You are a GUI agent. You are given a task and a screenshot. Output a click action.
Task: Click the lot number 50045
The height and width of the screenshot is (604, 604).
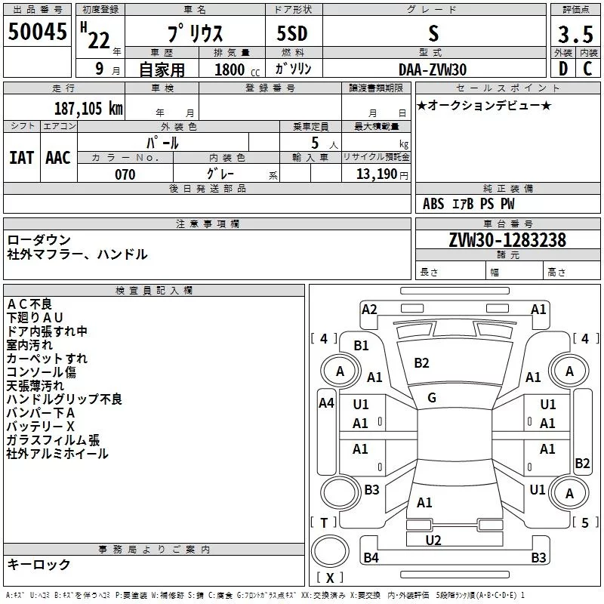37,31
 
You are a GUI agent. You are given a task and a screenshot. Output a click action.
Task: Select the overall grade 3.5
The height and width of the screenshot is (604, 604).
575,34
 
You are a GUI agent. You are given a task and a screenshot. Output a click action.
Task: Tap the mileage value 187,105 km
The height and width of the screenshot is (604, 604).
88,108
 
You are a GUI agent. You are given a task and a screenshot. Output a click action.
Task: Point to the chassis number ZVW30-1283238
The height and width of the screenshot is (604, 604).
507,239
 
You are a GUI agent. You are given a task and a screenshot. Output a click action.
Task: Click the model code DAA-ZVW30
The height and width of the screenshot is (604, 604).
433,69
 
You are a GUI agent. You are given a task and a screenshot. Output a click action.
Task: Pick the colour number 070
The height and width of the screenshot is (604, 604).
125,174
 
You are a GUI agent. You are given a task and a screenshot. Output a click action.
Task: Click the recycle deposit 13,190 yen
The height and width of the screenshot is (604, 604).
382,174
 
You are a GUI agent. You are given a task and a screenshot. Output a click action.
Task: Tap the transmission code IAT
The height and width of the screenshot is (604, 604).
22,158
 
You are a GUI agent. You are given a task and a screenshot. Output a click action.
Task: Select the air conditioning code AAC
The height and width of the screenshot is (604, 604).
58,158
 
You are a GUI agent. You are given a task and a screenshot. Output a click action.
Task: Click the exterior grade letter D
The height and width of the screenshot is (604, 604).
563,69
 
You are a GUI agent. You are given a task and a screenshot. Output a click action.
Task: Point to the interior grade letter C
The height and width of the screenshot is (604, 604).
587,69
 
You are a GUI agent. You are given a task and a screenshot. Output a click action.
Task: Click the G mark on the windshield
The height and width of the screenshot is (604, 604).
432,398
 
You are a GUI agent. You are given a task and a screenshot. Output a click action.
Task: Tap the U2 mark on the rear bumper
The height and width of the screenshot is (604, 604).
433,540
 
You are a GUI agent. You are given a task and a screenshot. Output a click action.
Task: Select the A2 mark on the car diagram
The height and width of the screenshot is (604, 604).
369,310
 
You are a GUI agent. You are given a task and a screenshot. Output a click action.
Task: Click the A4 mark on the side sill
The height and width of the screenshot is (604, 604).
327,403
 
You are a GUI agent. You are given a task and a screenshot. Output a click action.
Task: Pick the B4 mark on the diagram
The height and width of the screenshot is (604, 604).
371,557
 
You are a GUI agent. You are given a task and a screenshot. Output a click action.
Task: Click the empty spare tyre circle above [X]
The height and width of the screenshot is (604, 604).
330,550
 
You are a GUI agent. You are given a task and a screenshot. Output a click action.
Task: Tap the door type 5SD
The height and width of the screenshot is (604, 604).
292,33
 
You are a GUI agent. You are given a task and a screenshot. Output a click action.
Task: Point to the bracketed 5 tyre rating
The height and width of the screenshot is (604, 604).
585,522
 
